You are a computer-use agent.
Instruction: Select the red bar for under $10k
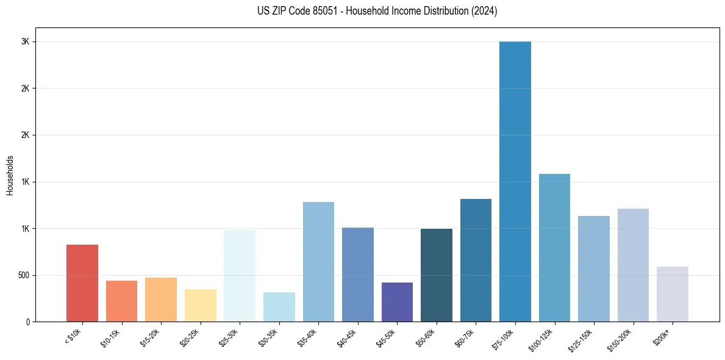82,283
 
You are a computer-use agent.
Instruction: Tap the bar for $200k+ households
673,294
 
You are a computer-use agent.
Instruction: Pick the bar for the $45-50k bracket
397,302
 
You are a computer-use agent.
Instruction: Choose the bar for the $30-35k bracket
279,307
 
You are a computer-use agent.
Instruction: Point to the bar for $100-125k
554,248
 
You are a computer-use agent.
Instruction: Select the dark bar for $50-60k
437,275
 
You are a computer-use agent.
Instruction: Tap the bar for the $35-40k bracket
318,262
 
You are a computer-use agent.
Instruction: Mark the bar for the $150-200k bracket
633,265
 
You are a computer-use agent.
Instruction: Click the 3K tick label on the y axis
24,41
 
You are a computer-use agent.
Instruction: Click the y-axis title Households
10,175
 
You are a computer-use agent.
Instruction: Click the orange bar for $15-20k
161,300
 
